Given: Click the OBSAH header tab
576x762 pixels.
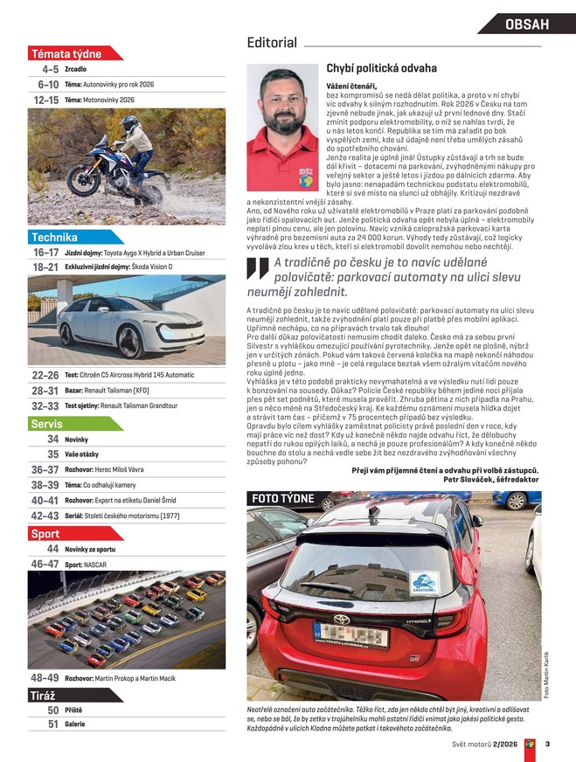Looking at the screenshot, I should coord(527,24).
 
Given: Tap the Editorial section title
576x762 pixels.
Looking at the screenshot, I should coord(272,42).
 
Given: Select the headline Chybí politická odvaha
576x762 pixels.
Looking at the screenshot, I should coord(381,67).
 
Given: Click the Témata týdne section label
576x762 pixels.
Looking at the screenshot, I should coord(66,52).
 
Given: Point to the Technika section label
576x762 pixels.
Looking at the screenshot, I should coord(55,237).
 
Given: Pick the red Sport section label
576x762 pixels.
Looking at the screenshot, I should coord(45,533).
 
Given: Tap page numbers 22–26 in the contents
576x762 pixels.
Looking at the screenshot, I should coord(45,375).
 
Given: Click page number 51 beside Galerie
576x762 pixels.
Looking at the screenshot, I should coord(53,724).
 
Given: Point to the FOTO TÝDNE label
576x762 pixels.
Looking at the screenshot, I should coord(283,498).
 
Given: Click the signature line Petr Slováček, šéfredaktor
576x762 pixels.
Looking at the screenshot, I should coord(491,480).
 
